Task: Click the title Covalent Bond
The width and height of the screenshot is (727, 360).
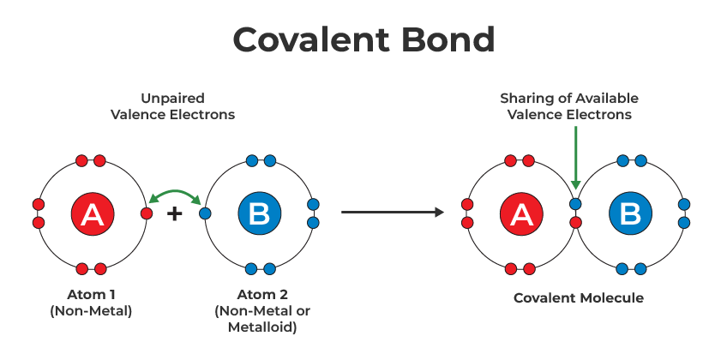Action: [x=363, y=39]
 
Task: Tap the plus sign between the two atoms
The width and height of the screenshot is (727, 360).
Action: [x=175, y=213]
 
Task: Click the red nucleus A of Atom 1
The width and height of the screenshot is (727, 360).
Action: [x=92, y=214]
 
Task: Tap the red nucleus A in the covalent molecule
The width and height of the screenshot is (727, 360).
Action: [x=520, y=214]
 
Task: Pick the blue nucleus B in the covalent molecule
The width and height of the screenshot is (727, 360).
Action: [x=631, y=214]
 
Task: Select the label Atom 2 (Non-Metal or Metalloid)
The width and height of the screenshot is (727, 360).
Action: [x=257, y=311]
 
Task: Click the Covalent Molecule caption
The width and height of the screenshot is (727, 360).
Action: [x=578, y=298]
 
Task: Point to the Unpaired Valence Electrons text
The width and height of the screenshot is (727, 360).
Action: [x=172, y=106]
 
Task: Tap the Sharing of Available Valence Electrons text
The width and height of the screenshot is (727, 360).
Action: [x=569, y=106]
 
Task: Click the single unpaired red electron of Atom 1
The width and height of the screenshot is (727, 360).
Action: [x=147, y=213]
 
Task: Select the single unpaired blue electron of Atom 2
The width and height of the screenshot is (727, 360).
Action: [x=205, y=213]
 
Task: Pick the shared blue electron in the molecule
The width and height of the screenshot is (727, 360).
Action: [x=576, y=205]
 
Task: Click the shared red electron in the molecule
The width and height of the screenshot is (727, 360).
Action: [x=576, y=223]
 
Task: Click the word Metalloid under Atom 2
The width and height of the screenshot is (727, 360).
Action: [x=257, y=327]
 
